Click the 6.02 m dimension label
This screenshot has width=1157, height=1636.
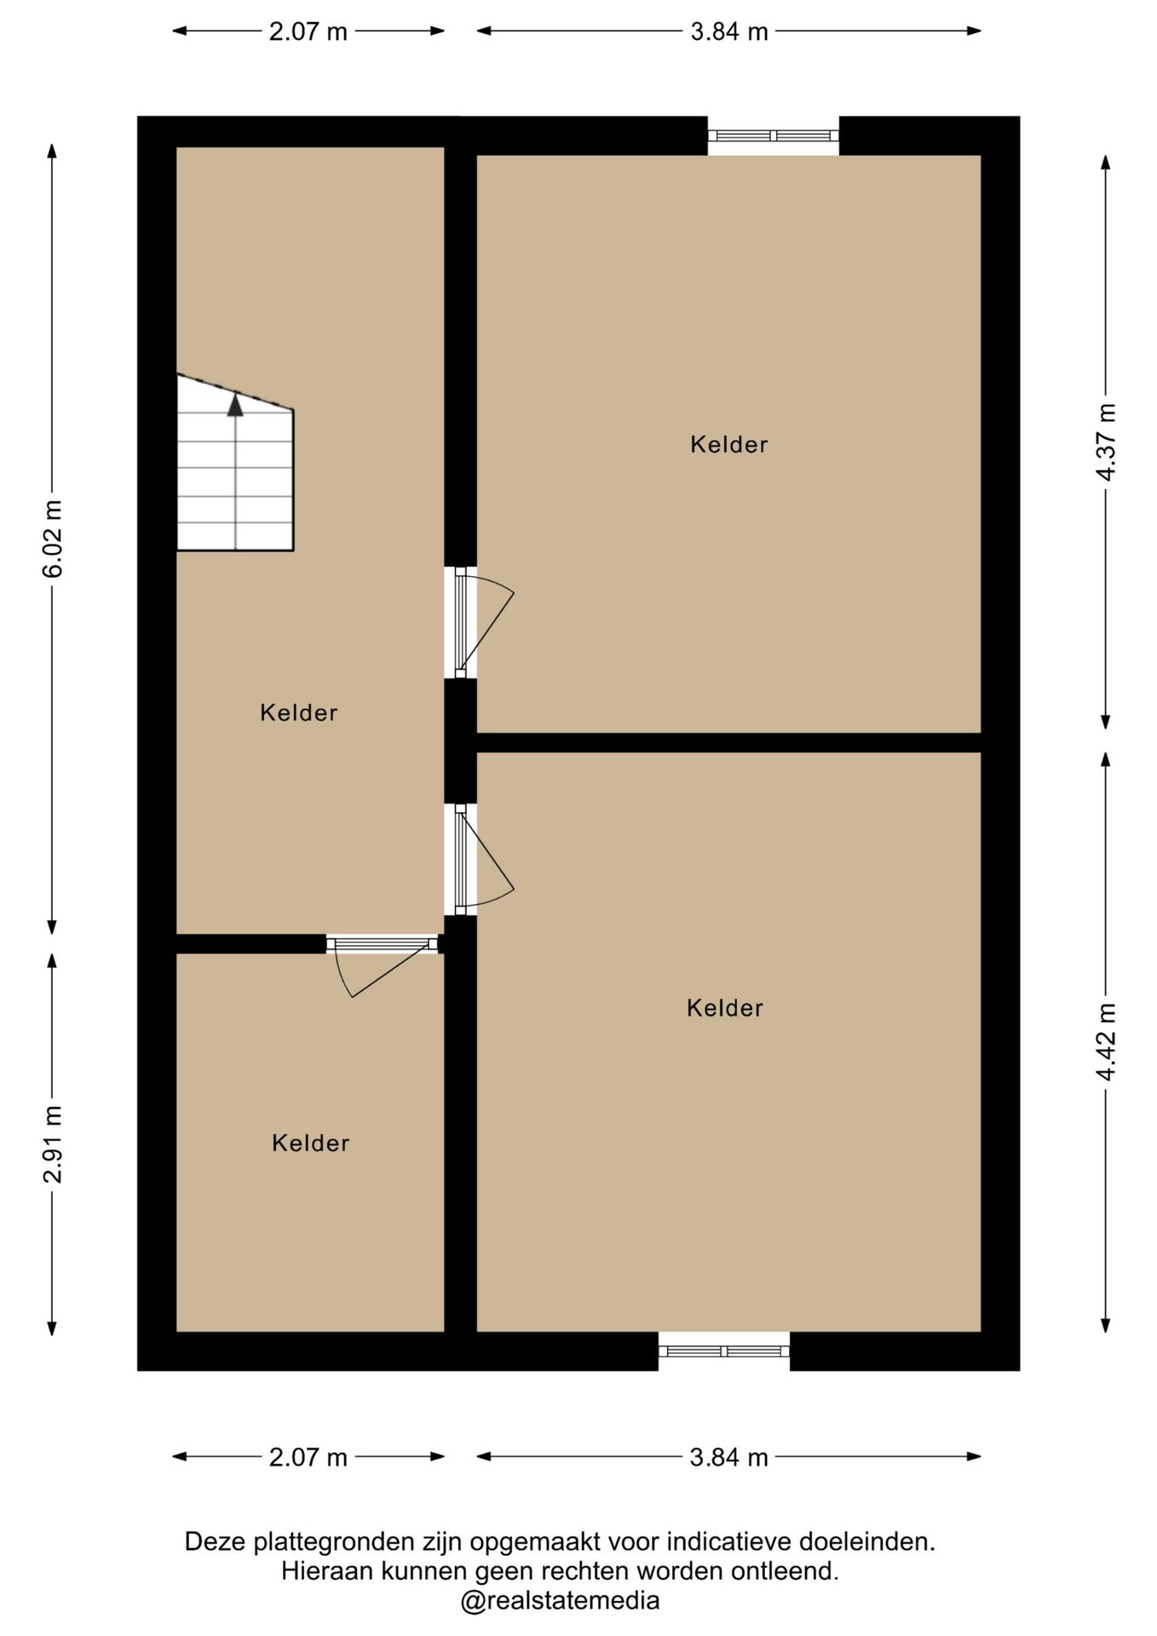[53, 539]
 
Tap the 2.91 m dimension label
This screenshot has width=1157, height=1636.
[53, 1143]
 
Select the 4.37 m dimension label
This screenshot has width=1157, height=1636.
[1106, 442]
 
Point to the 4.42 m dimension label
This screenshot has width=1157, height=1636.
[1106, 1041]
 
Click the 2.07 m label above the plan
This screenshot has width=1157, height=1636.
[308, 32]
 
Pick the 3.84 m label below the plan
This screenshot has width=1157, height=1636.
[729, 1457]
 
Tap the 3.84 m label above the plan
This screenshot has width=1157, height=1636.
[729, 32]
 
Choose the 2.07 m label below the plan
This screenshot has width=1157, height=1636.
[308, 1457]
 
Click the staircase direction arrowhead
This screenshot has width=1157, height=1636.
[235, 405]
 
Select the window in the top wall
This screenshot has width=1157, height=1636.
[774, 135]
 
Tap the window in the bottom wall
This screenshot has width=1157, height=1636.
[724, 1351]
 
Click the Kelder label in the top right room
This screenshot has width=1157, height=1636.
[729, 445]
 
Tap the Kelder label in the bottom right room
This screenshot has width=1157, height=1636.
[725, 1009]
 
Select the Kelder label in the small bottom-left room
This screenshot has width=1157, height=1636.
[311, 1143]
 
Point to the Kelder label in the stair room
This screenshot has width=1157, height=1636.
[299, 713]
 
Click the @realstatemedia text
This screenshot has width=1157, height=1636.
[560, 1600]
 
